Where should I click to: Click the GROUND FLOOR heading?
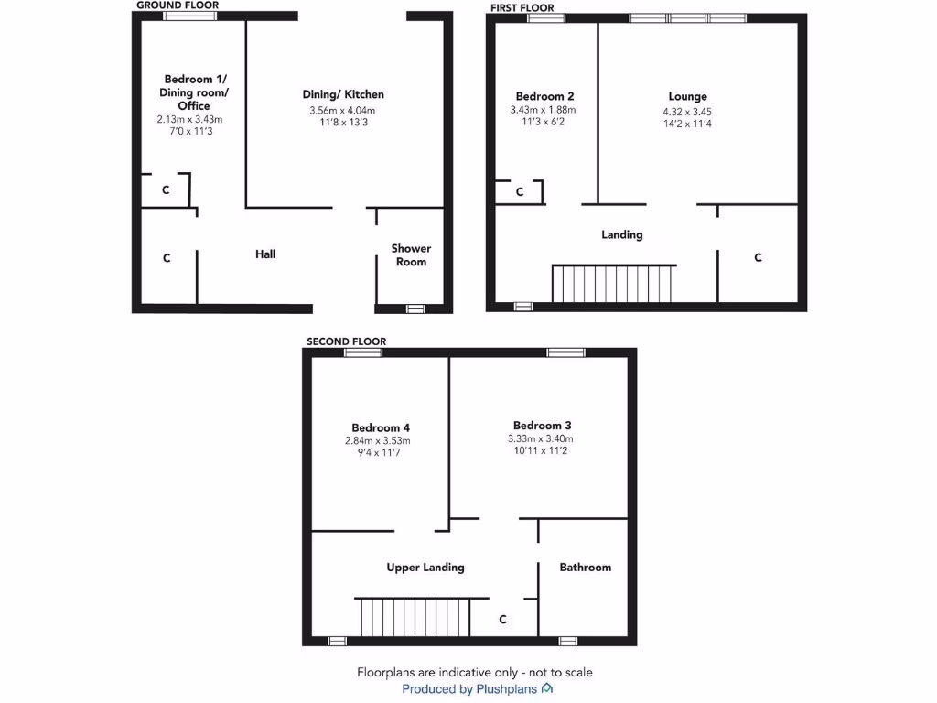[x=178, y=5]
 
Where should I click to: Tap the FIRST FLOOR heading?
[x=522, y=8]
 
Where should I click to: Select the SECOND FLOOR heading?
[x=346, y=341]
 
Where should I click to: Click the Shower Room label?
[x=411, y=254]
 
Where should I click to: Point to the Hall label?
[x=265, y=254]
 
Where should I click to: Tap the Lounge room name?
[x=687, y=96]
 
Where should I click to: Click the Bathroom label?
[x=585, y=568]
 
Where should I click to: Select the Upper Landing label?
[x=425, y=568]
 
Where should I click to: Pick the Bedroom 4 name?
[x=381, y=427]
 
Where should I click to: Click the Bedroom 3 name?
[x=543, y=425]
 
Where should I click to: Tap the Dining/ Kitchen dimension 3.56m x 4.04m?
[x=342, y=111]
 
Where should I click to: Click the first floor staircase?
[x=613, y=284]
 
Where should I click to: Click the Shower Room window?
[x=415, y=308]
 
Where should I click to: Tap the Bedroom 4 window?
[x=363, y=352]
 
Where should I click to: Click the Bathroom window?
[x=568, y=641]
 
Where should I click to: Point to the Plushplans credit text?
[x=477, y=689]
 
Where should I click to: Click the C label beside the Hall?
[x=167, y=259]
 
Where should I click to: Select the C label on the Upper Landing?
[x=502, y=620]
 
